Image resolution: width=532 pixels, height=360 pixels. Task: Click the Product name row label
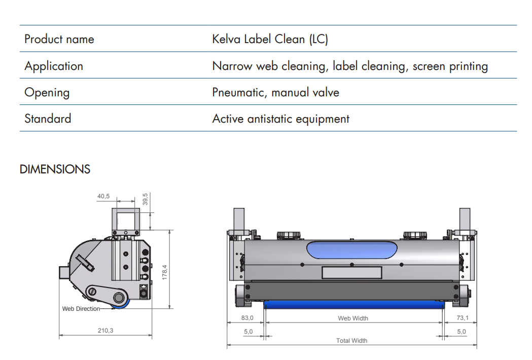59,40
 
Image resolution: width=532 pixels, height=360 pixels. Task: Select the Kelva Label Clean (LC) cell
270,40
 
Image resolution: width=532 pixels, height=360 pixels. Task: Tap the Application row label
54,66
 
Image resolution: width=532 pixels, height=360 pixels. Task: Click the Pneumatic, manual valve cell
275,92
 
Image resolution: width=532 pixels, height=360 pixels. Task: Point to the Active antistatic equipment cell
280,119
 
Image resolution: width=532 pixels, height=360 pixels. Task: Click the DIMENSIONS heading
55,169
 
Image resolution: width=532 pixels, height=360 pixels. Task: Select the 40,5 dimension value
103,196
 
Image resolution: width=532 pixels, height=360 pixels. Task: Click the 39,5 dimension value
145,199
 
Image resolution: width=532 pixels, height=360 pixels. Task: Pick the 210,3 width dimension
105,331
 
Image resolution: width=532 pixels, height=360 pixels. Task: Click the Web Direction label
81,309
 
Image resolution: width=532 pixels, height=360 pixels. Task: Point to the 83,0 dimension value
246,318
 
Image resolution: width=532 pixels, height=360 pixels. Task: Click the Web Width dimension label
353,318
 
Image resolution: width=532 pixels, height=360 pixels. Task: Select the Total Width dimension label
351,341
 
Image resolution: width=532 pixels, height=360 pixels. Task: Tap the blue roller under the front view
353,304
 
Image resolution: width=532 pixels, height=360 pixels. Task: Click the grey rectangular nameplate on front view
351,273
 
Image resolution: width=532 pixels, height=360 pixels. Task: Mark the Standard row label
48,119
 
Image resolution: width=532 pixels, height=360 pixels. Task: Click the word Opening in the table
47,92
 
